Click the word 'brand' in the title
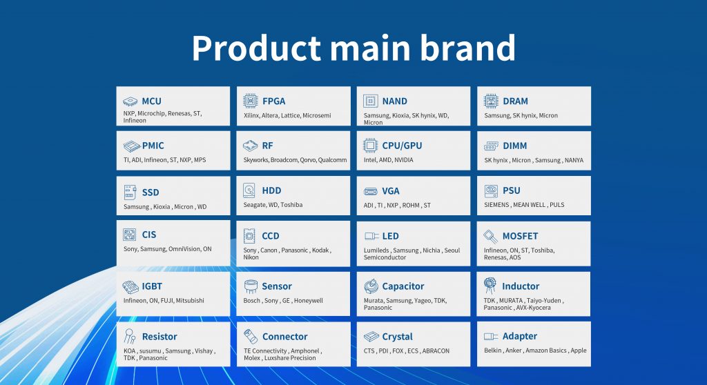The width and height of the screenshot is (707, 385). coord(468,48)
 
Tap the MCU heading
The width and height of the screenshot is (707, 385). coord(151,101)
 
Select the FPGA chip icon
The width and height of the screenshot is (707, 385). coord(250,101)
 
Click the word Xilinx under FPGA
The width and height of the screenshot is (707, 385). coord(251,115)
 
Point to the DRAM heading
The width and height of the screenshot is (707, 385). coord(515,101)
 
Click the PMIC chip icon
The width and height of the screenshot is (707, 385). coord(132,146)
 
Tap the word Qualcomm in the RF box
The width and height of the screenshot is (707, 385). coord(332,160)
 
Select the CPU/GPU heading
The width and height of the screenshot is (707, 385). coord(403,146)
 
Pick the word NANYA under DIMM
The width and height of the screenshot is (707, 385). coord(574,160)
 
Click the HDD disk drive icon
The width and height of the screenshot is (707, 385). coord(249,190)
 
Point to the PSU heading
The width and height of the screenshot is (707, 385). coord(512,190)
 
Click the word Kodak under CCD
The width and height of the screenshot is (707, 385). coord(320,250)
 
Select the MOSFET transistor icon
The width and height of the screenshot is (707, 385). coord(491,236)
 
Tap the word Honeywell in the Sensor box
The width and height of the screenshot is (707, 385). coord(309,301)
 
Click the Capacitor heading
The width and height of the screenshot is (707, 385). coord(403,286)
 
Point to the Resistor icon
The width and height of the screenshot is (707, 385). coord(130,336)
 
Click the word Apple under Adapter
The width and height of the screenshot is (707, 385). coord(579,351)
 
